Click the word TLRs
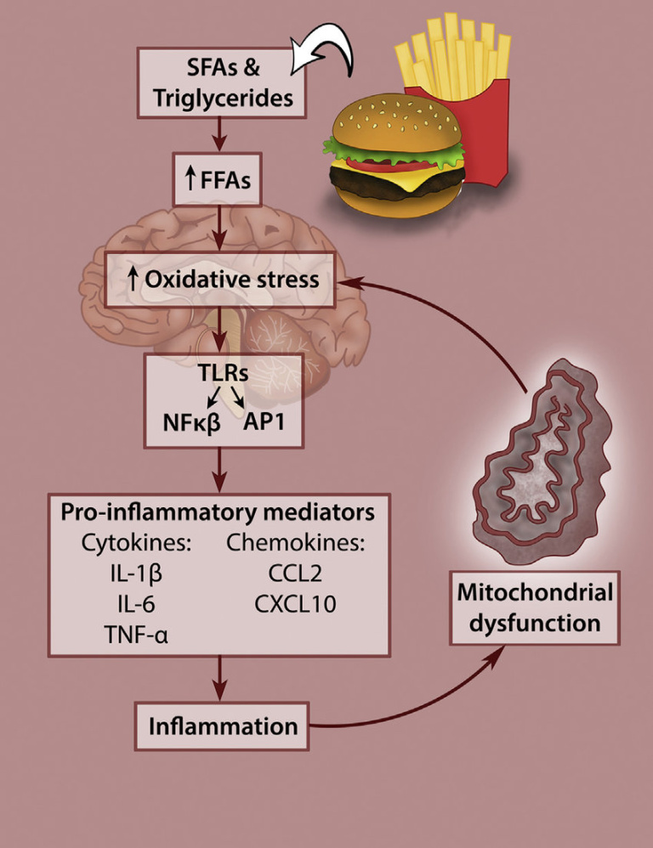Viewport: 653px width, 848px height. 223,375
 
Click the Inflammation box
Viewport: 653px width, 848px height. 223,726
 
